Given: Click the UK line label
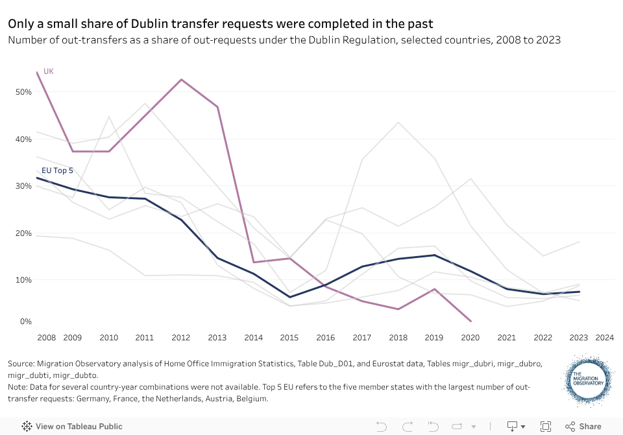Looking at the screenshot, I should click(x=48, y=71).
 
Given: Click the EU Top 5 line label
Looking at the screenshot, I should click(x=57, y=171).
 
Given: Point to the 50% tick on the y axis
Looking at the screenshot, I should click(x=24, y=92).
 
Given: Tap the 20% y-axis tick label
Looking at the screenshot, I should click(x=24, y=233).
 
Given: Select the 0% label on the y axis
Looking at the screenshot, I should click(x=27, y=322).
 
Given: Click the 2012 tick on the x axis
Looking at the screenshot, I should click(x=180, y=338).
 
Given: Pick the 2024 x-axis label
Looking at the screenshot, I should click(x=604, y=338).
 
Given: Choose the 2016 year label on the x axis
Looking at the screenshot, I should click(x=325, y=338).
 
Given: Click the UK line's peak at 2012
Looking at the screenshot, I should click(x=181, y=80).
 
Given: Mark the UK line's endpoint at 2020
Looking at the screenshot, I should click(x=470, y=321).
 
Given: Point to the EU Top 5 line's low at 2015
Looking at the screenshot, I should click(x=290, y=297).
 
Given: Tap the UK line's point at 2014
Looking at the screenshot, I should click(x=253, y=262).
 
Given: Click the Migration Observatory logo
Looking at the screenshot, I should click(x=588, y=379).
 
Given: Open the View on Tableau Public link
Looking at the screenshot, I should click(x=72, y=427).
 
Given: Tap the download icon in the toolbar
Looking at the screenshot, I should click(x=512, y=426).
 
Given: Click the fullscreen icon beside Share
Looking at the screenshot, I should click(x=546, y=426).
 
